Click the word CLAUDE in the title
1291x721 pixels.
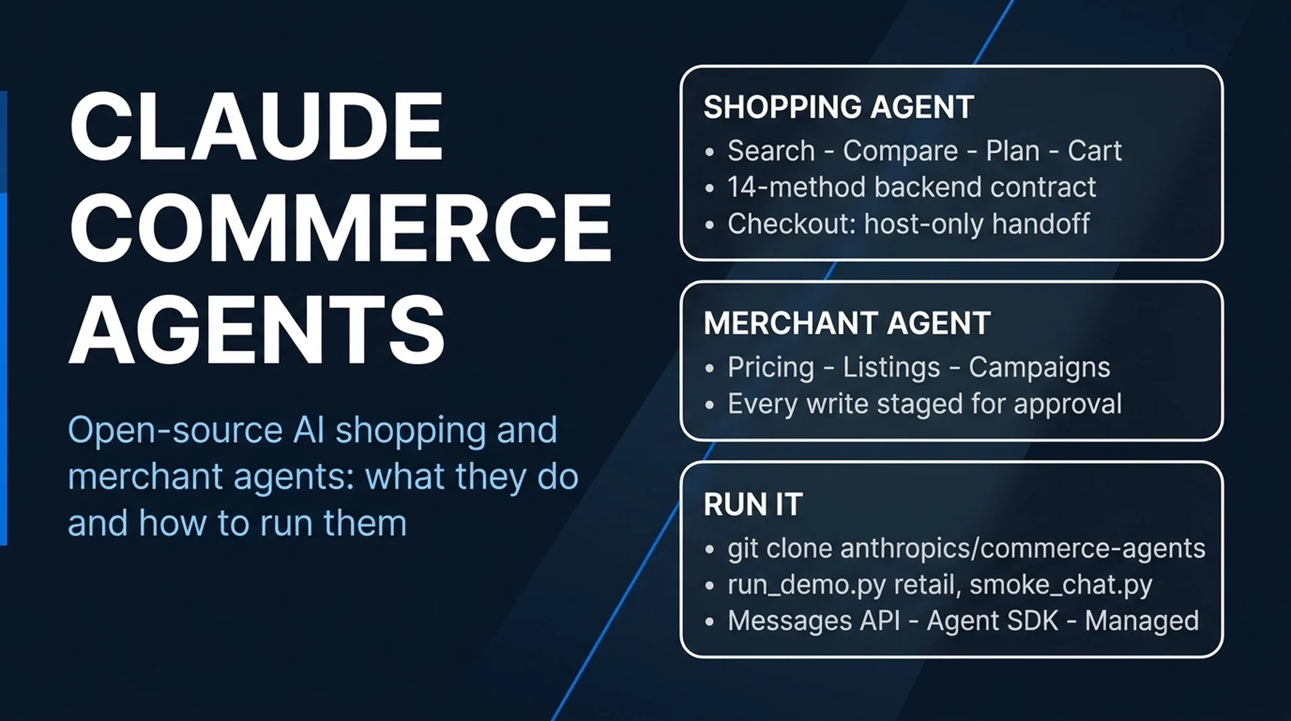pyautogui.click(x=256, y=126)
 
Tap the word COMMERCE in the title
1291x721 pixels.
pyautogui.click(x=340, y=227)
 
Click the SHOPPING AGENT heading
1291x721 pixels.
pyautogui.click(x=839, y=107)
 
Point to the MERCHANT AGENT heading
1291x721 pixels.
pyautogui.click(x=847, y=323)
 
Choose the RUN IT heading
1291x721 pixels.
pyautogui.click(x=753, y=504)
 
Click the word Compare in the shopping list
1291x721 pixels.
pyautogui.click(x=900, y=152)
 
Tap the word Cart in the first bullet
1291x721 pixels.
pyautogui.click(x=1094, y=151)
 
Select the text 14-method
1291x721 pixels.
pyautogui.click(x=797, y=187)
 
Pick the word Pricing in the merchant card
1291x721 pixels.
pyautogui.click(x=771, y=368)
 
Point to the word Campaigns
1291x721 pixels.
pyautogui.click(x=1039, y=368)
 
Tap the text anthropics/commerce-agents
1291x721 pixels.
pyautogui.click(x=1023, y=548)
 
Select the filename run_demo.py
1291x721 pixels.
pyautogui.click(x=807, y=585)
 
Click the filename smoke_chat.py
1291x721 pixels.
pyautogui.click(x=1061, y=585)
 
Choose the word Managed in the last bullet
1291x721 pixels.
pyautogui.click(x=1142, y=622)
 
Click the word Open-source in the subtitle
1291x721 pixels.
pyautogui.click(x=175, y=430)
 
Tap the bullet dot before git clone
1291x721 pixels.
pyautogui.click(x=709, y=549)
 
